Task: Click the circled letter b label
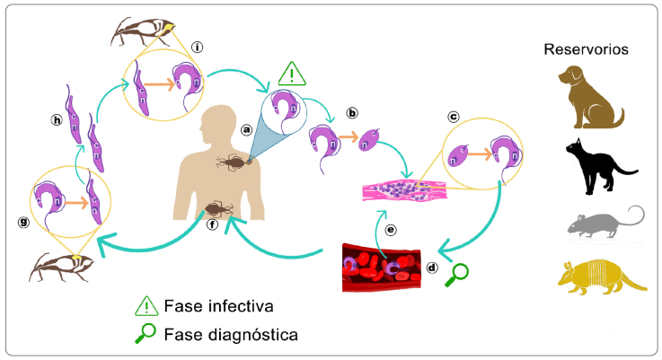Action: click(352, 113)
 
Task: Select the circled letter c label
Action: click(454, 117)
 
